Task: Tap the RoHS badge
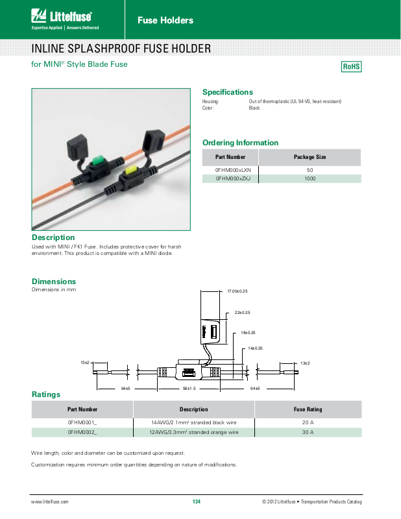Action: coord(351,67)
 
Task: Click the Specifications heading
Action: coord(227,92)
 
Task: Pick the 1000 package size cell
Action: coord(310,178)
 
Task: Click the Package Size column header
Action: coord(310,157)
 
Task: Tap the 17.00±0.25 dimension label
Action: coord(237,291)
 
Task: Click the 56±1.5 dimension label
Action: coord(189,388)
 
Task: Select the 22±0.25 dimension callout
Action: coord(243,313)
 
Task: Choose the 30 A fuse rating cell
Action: coord(308,431)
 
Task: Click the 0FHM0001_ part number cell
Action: coord(82,422)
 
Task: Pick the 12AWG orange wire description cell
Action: coord(194,431)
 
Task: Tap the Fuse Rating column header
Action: coord(308,409)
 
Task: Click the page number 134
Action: coord(197,502)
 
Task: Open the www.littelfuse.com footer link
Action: coord(50,502)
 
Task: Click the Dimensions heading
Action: coord(54,281)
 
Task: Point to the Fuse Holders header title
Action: coord(165,20)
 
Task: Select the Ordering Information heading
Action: coord(240,143)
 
